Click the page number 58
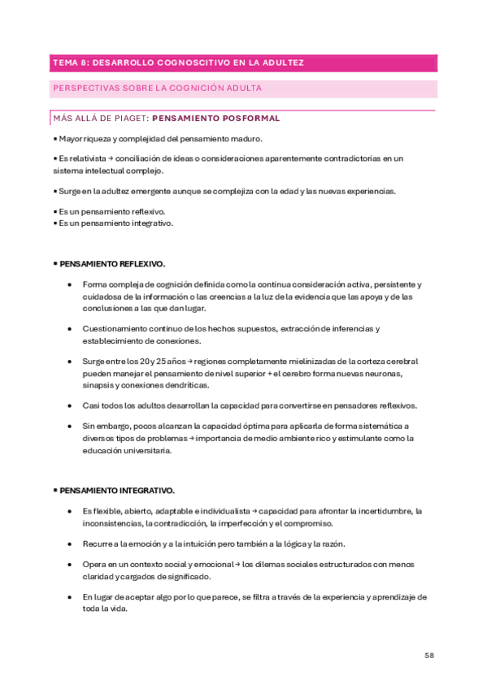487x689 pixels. point(431,655)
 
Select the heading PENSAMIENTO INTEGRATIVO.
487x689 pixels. point(115,491)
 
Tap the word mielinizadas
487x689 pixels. point(294,361)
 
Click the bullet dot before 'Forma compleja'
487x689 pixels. point(70,285)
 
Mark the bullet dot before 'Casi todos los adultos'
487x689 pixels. point(70,405)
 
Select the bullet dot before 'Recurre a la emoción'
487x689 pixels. point(70,544)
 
